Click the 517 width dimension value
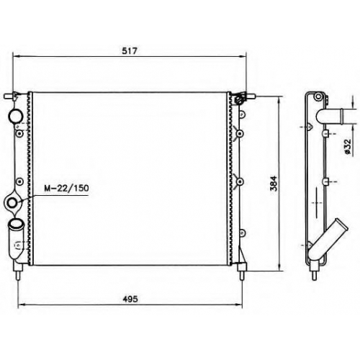[x=130, y=50]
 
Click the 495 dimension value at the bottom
[x=130, y=299]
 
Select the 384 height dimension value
[x=274, y=184]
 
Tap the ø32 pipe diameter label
[x=347, y=146]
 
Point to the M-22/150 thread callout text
[x=66, y=188]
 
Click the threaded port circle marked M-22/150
[x=12, y=203]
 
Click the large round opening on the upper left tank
[x=15, y=116]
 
